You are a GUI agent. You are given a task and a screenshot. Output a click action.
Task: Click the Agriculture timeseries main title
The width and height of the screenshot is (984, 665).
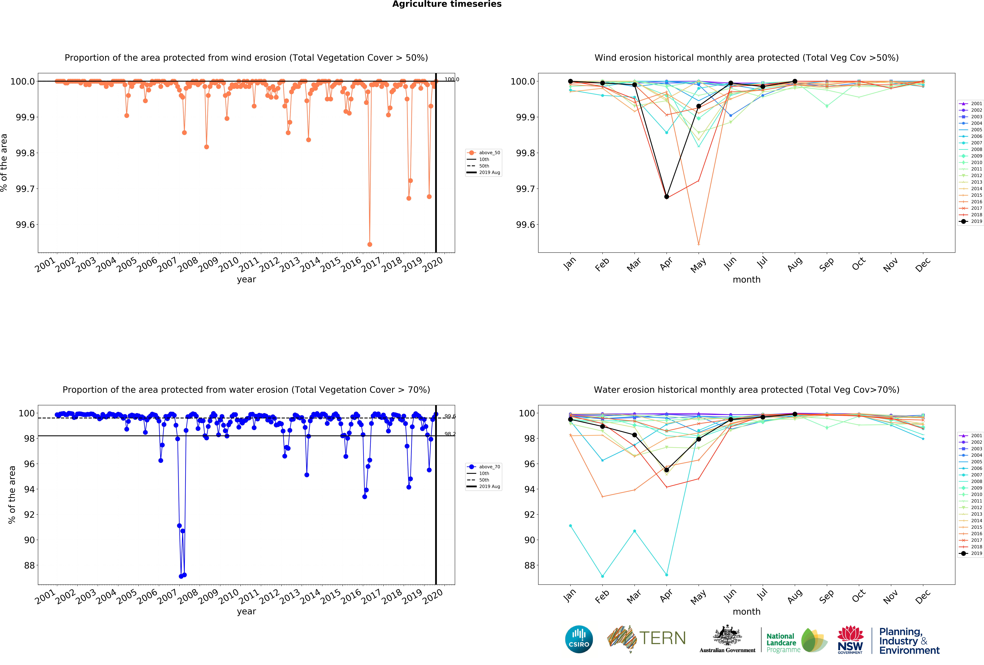(x=447, y=4)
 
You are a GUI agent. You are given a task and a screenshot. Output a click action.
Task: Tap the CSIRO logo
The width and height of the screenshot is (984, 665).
(x=579, y=639)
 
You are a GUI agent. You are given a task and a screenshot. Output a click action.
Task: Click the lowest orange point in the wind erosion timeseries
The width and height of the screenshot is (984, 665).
(x=370, y=244)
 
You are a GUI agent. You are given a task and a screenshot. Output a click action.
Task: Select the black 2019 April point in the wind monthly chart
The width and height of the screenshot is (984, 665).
(x=666, y=197)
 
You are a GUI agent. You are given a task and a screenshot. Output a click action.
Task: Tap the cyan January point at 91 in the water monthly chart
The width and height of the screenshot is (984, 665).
(x=570, y=526)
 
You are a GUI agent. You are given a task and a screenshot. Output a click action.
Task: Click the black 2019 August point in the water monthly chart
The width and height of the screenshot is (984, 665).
(x=795, y=414)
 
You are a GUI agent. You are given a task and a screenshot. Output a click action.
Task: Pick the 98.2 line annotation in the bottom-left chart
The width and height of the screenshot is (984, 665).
(x=450, y=434)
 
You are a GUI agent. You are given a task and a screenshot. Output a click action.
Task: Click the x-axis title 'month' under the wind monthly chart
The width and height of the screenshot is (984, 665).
(x=746, y=280)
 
